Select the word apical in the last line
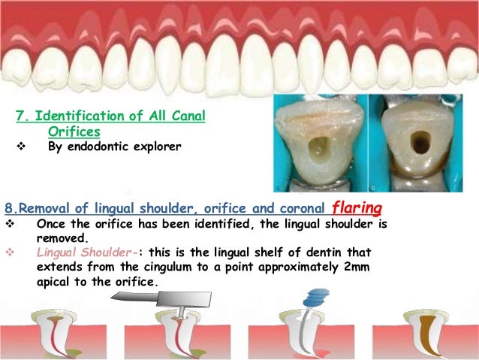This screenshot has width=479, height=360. click(x=56, y=283)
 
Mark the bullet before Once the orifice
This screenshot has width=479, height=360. click(x=10, y=224)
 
